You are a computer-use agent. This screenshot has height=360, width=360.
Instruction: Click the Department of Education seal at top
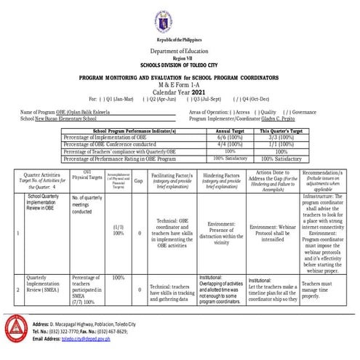coord(179,20)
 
